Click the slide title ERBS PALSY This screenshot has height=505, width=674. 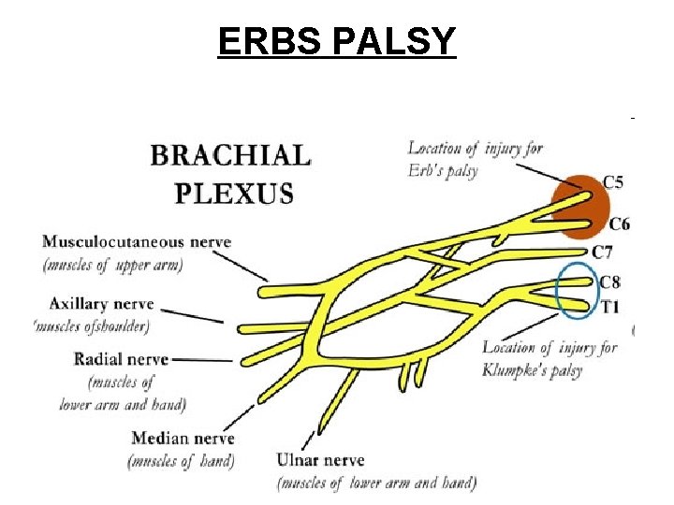336,41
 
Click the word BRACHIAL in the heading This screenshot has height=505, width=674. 230,155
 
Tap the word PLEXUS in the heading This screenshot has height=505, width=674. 234,194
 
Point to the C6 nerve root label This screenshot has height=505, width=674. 619,224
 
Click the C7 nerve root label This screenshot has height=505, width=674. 604,252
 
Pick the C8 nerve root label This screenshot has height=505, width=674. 609,281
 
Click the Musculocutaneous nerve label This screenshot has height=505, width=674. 136,241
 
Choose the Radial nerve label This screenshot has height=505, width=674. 121,359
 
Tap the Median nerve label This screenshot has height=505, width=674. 183,438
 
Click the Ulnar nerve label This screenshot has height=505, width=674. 320,460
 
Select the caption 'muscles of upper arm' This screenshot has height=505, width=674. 112,265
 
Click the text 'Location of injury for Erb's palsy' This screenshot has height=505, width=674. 475,159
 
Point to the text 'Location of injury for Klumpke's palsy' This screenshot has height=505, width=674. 549,358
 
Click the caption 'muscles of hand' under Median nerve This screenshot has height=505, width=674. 180,460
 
